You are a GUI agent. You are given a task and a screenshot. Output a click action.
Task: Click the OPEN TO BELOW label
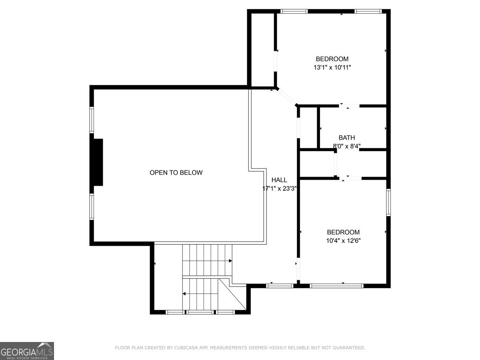coord(176,173)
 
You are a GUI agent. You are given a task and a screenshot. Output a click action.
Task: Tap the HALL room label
coord(279,180)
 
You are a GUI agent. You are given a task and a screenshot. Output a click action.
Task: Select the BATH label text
coord(347,138)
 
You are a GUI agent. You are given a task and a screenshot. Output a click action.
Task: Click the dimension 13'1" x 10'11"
coord(332,67)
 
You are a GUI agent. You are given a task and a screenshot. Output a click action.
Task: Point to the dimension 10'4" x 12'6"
coord(343,241)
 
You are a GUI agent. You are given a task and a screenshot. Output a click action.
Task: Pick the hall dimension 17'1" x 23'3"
coord(279,188)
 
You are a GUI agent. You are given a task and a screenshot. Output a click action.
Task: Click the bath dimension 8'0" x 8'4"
coord(347,146)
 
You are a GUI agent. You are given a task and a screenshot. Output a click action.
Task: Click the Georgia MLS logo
coord(27,351)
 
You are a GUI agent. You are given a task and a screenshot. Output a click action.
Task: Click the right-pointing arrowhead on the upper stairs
coord(230,261)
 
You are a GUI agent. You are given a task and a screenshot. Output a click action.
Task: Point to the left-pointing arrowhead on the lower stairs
coord(184,294)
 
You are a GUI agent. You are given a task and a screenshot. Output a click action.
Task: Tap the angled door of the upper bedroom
coord(287,97)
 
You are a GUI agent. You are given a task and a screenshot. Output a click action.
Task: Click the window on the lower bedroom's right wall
coord(388,202)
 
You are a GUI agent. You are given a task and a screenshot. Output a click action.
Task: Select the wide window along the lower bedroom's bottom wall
coord(336,286)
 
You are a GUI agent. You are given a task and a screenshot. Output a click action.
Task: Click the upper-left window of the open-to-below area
coord(92,120)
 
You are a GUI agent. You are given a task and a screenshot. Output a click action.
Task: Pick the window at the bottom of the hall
coord(280,286)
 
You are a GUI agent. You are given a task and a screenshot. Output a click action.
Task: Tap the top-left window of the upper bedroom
coord(294,11)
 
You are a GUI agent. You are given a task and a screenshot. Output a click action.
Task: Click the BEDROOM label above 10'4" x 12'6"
coord(343,232)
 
